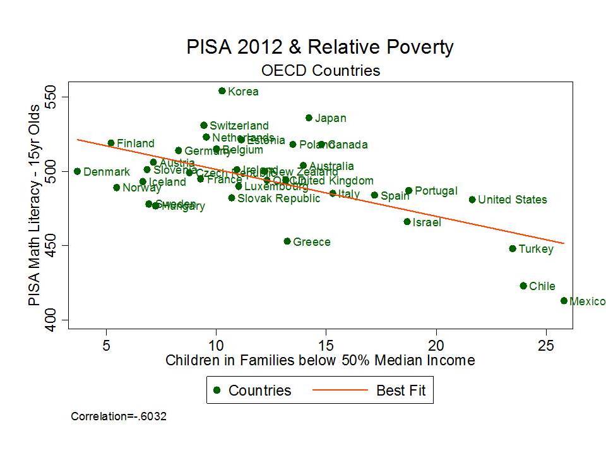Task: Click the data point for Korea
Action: click(222, 91)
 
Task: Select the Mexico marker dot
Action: click(564, 301)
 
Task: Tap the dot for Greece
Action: click(287, 241)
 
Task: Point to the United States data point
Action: click(472, 200)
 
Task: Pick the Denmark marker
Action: click(77, 171)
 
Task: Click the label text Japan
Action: click(330, 118)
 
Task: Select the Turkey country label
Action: click(535, 249)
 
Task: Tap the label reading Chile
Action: click(542, 286)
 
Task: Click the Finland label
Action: click(135, 143)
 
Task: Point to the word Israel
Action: click(427, 222)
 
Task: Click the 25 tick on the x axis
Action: click(546, 346)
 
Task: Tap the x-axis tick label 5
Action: click(106, 346)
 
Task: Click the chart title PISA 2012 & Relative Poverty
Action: click(320, 47)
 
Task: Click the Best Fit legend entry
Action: click(401, 391)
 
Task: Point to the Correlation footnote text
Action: click(119, 416)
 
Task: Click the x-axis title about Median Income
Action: click(320, 361)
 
